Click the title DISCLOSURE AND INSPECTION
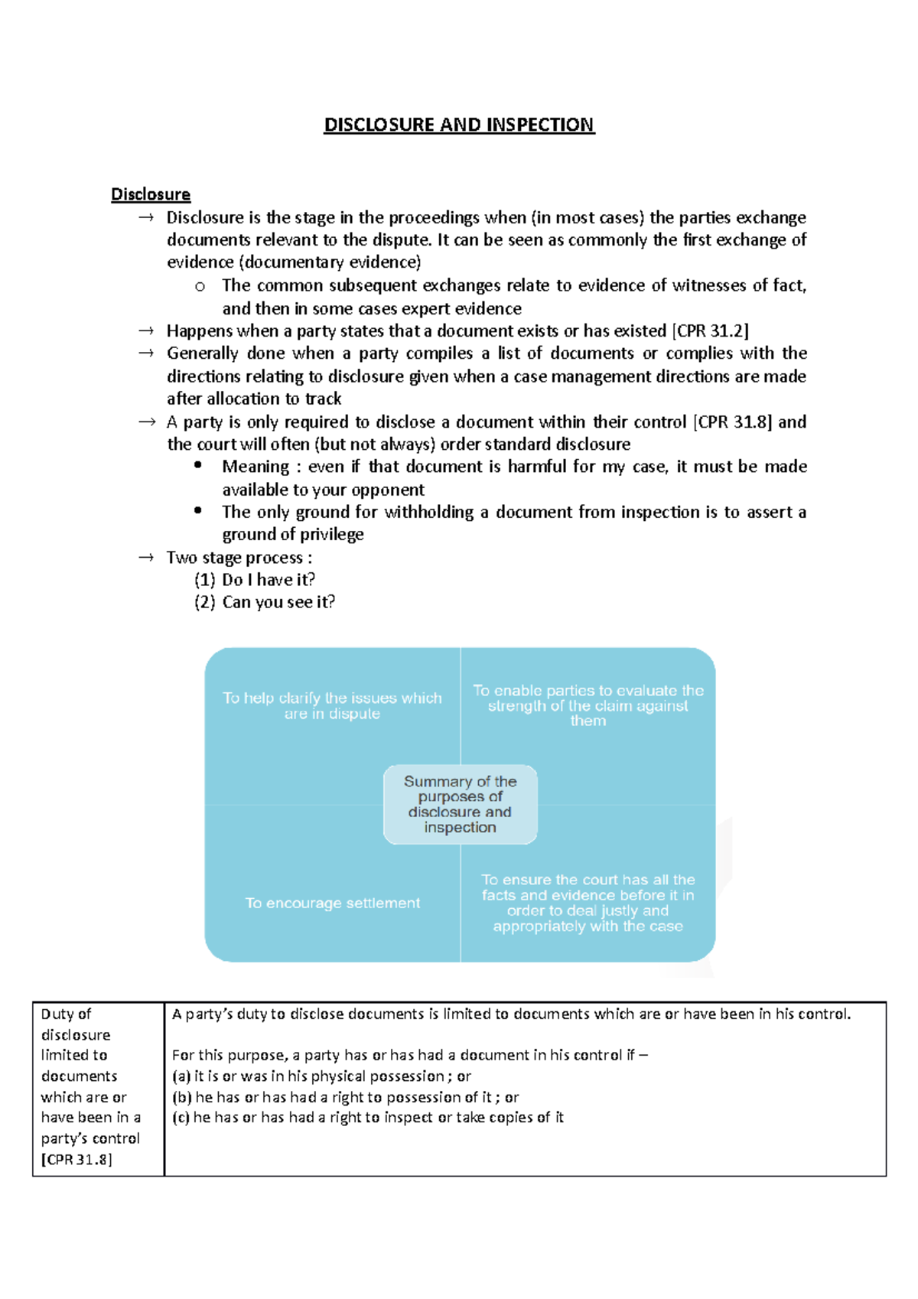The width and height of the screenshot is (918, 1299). (x=459, y=125)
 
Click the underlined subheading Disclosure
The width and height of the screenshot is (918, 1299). (x=151, y=194)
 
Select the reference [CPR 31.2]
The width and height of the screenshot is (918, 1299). (x=710, y=330)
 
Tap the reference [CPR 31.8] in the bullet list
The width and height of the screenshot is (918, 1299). (x=732, y=422)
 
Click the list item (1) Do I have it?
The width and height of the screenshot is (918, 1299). (x=255, y=580)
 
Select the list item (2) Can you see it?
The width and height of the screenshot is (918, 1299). (x=265, y=602)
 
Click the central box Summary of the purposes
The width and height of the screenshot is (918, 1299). (x=460, y=804)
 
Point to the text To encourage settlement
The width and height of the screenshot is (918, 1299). (x=332, y=903)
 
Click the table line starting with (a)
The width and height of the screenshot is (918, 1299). (x=321, y=1076)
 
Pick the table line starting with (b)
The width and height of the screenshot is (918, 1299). (x=345, y=1097)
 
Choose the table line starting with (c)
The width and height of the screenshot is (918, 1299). (x=367, y=1118)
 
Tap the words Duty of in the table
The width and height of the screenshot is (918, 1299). (x=66, y=1014)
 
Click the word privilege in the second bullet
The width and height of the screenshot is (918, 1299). (x=331, y=534)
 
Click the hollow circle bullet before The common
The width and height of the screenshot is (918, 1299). (x=200, y=287)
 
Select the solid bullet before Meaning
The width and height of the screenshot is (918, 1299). (x=198, y=465)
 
